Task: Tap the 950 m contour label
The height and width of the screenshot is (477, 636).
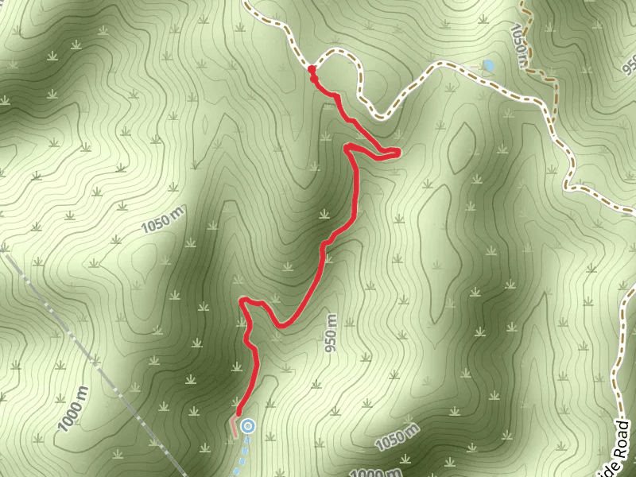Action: pyautogui.click(x=331, y=333)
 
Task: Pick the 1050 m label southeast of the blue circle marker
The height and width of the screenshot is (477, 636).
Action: pyautogui.click(x=397, y=436)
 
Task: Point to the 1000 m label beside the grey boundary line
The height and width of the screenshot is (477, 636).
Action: pyautogui.click(x=72, y=409)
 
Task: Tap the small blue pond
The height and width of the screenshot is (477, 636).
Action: pyautogui.click(x=488, y=65)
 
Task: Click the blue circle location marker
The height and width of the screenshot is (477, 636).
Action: pyautogui.click(x=248, y=426)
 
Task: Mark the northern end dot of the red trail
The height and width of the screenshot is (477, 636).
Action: pyautogui.click(x=312, y=71)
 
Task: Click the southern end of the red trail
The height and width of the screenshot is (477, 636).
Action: pyautogui.click(x=238, y=413)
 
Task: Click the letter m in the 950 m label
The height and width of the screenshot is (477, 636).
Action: pyautogui.click(x=329, y=320)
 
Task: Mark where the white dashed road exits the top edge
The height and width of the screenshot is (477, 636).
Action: pyautogui.click(x=244, y=2)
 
